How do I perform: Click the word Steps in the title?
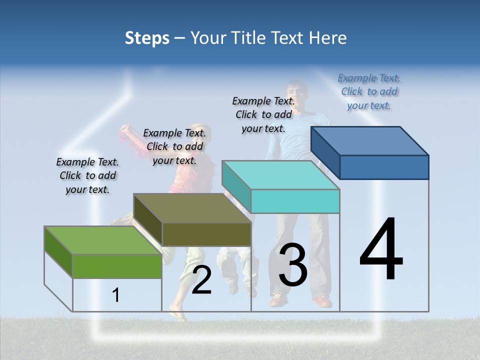(x=147, y=38)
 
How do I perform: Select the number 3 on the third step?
(x=293, y=265)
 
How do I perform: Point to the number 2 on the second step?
(x=201, y=280)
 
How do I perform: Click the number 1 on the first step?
(x=116, y=295)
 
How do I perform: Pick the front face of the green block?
(x=117, y=266)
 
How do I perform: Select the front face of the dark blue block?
(x=384, y=167)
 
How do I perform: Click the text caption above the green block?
(x=87, y=175)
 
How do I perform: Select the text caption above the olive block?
(x=174, y=146)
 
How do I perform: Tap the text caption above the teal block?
(x=263, y=114)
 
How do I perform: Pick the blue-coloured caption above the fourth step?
(x=369, y=91)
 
